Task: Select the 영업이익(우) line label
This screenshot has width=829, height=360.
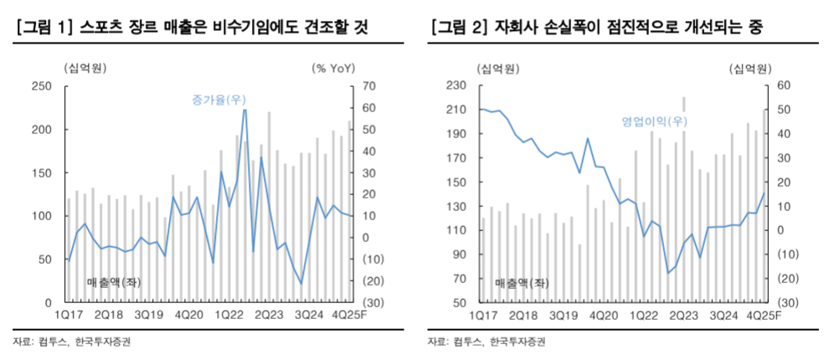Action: pos(654,121)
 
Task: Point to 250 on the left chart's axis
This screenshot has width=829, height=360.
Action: pos(42,86)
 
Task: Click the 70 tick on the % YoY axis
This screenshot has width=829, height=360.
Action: pos(369,86)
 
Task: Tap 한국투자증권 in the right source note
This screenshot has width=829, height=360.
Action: pos(517,342)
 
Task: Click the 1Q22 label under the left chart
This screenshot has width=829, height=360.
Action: pos(229,316)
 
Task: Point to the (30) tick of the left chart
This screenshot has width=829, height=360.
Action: pos(373,302)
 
